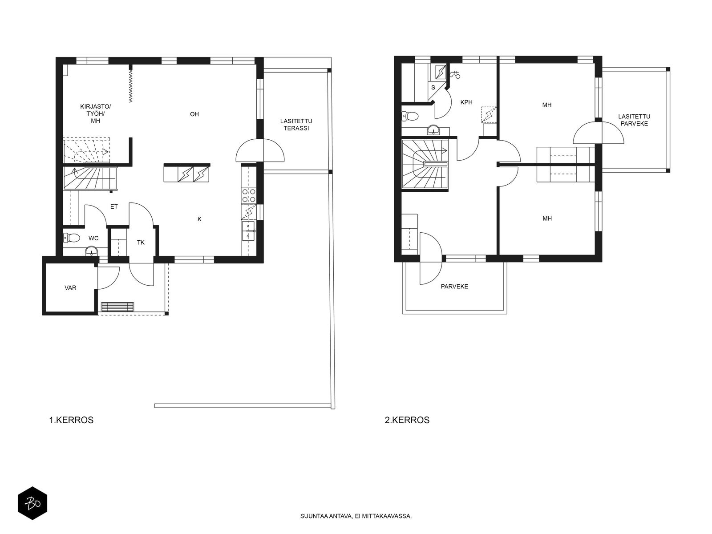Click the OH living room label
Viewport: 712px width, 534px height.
click(194, 114)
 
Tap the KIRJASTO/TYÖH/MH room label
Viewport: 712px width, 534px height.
click(95, 113)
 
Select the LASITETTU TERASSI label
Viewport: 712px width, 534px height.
click(296, 125)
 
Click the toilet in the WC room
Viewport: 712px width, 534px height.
click(72, 238)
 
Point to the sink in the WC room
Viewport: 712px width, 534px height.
click(92, 251)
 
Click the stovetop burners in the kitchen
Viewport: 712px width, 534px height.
click(248, 195)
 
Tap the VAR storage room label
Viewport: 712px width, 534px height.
click(70, 287)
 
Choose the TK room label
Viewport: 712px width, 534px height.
click(141, 243)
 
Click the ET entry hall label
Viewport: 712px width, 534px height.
click(114, 206)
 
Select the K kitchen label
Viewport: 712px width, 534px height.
click(199, 219)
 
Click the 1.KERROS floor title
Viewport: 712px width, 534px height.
click(71, 420)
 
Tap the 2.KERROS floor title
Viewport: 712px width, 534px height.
click(407, 420)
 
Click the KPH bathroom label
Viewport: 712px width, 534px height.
click(466, 102)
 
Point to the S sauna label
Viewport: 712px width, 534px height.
click(433, 88)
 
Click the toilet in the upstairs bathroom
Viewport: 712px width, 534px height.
click(410, 116)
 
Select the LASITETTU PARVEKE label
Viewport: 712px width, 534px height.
click(634, 120)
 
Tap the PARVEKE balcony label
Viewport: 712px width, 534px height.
click(454, 287)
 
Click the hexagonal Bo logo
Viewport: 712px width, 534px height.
click(32, 503)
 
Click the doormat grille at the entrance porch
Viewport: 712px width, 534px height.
click(117, 307)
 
